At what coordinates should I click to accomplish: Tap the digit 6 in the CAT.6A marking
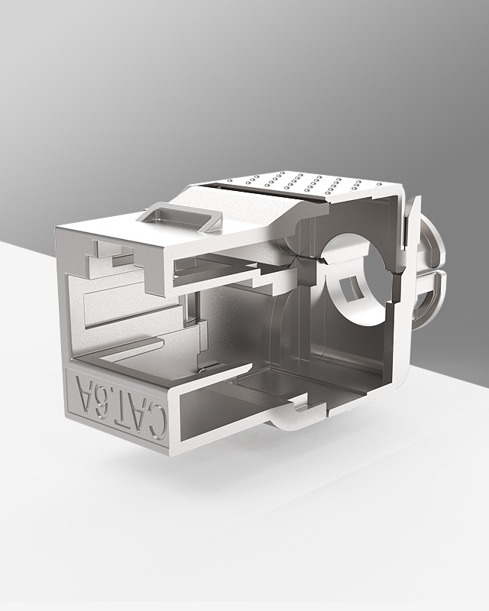pos(101,399)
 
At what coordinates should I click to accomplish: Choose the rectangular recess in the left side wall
pos(107,305)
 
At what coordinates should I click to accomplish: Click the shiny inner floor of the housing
pos(260,374)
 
